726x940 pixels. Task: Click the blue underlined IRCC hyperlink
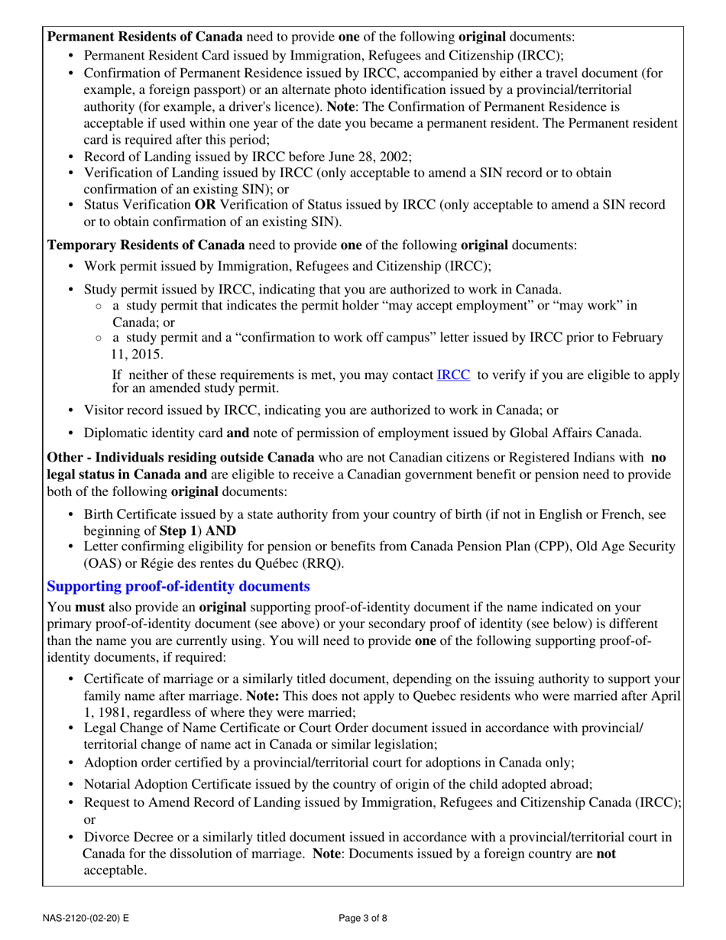tap(452, 374)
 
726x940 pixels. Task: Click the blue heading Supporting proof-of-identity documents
tap(178, 587)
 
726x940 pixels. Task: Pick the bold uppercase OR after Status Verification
tap(205, 205)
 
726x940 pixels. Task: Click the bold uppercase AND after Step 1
tap(221, 530)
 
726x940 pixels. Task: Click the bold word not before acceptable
tap(605, 853)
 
